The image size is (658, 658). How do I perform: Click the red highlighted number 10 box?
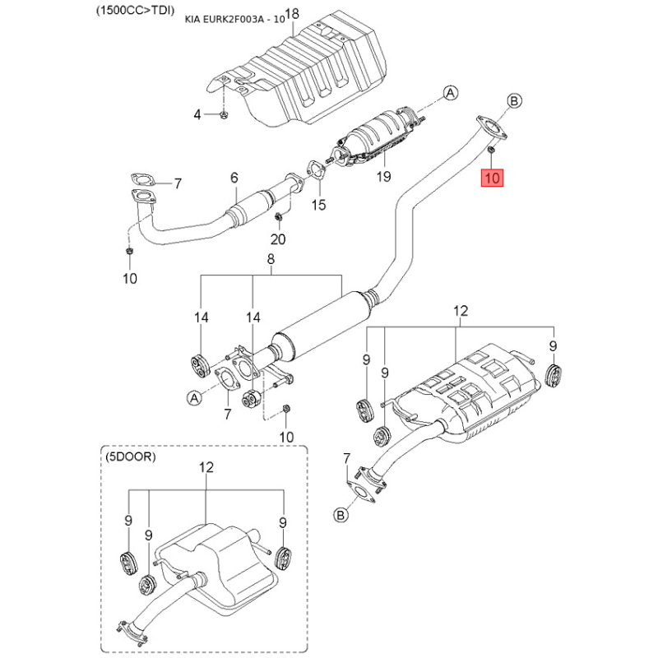pos(493,177)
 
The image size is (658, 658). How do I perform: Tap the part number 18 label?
pos(269,14)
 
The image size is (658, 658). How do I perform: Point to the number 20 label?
pos(279,239)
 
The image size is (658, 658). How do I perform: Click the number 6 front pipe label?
pos(234,178)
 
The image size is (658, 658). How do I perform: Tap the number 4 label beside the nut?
pos(197,114)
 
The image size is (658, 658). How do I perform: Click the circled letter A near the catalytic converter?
pos(451,94)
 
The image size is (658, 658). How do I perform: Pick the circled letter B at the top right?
pos(514,101)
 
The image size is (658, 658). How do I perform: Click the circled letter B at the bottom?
pos(341,515)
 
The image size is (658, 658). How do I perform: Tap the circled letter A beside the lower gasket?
pos(195,397)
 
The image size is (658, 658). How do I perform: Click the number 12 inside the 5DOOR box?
pos(206,467)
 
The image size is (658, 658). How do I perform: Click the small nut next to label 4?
pos(224,114)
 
